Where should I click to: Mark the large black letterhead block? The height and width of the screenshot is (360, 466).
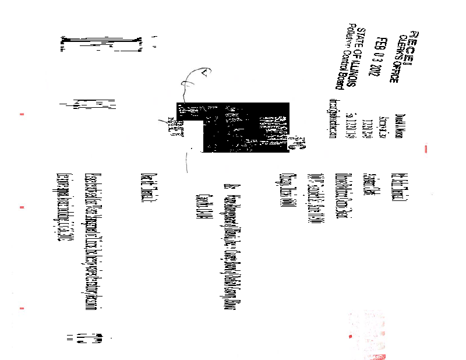(245, 128)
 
